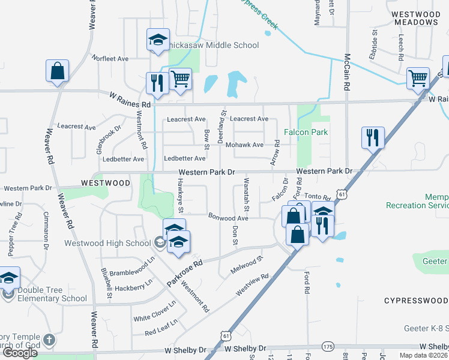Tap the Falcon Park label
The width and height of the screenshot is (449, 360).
coord(306,132)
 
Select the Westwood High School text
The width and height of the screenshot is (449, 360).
coord(108,243)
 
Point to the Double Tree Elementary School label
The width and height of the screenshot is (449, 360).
coord(52,294)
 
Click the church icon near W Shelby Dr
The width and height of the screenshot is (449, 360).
coord(49,340)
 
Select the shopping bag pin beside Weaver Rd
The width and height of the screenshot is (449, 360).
coord(57,71)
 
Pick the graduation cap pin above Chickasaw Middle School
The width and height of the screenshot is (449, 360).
coord(158,40)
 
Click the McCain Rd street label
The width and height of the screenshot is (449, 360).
coord(347,73)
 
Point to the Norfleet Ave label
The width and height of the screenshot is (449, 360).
coord(110,59)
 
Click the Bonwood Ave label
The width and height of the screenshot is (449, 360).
coord(228,217)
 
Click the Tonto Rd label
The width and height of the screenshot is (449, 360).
coord(318,197)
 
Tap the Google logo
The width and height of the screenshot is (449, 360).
coord(20,353)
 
